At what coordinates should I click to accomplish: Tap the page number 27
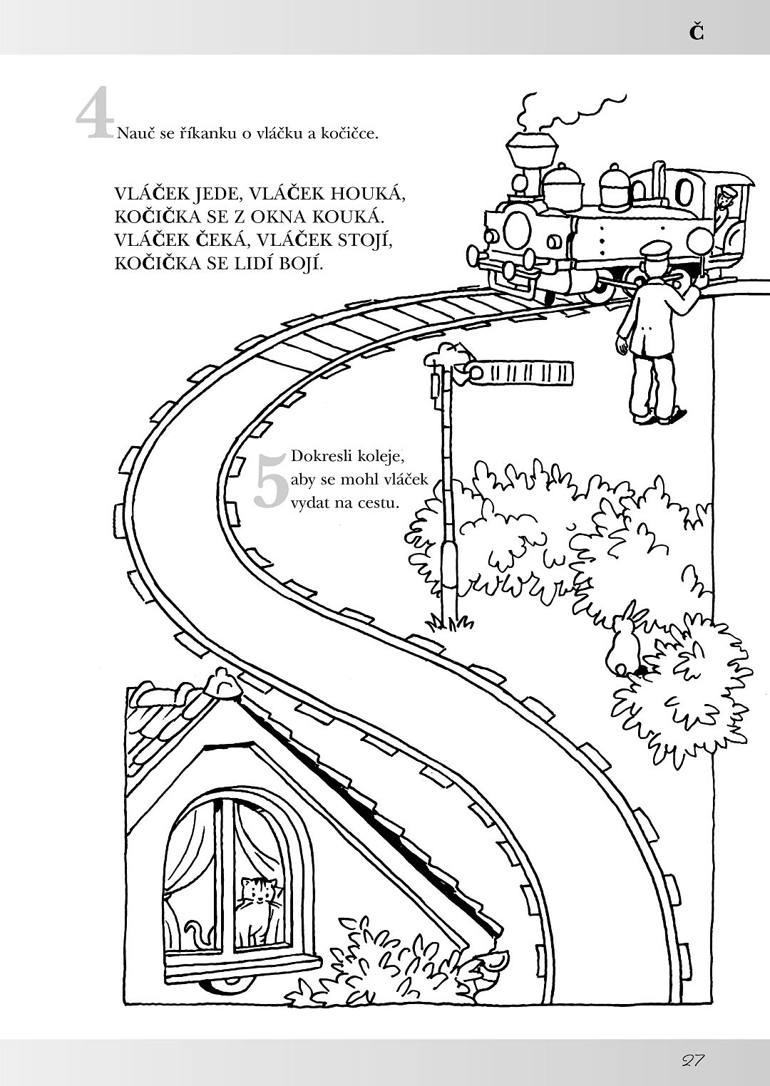tap(692, 1060)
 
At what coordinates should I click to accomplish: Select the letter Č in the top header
tap(697, 32)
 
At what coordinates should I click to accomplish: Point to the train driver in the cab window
tap(724, 203)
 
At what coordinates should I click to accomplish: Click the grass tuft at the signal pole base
tap(449, 621)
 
